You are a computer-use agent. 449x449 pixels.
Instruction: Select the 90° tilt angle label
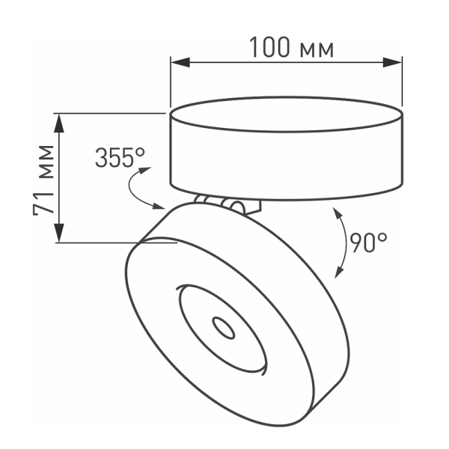pos(368,242)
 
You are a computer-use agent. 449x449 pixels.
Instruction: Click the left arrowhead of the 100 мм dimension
pos(177,64)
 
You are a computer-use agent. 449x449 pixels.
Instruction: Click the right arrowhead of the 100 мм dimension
pos(397,64)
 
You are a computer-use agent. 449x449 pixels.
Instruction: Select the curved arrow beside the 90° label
pos(341,244)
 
